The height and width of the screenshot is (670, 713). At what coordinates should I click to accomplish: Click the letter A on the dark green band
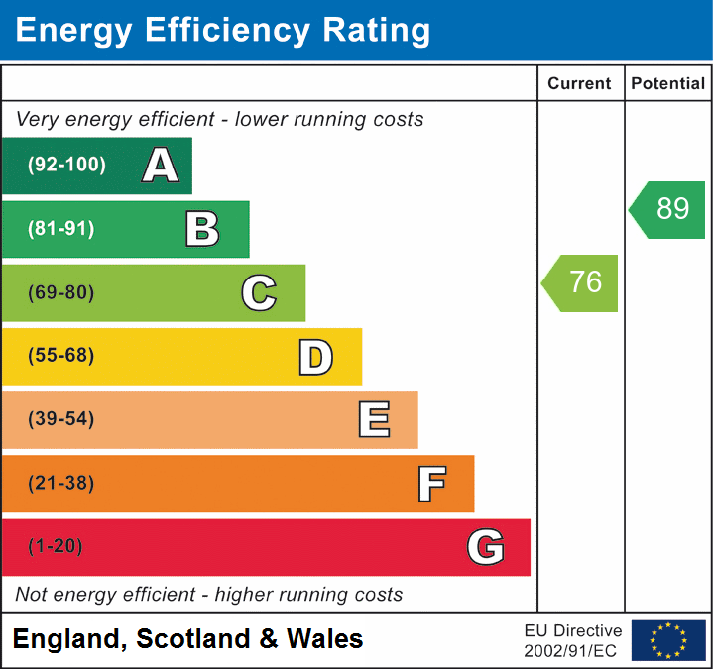coord(161,166)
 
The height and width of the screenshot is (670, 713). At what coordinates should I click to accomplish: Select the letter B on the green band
coord(202,229)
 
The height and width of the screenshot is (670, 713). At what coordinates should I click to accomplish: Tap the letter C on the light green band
coord(259,292)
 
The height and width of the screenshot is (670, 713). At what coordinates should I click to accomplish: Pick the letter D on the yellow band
coord(315,357)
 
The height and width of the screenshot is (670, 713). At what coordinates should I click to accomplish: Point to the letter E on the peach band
coord(373,420)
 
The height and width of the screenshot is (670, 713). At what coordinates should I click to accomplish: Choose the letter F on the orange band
coord(430,484)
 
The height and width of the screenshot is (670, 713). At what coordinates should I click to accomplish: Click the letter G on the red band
coord(486,547)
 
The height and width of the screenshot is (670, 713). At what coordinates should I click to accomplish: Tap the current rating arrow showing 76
coord(581,282)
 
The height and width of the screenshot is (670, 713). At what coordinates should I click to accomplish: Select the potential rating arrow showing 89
coord(668,209)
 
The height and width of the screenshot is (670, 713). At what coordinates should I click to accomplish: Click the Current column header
coord(581,84)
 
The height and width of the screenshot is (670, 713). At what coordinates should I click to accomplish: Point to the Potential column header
coord(668,84)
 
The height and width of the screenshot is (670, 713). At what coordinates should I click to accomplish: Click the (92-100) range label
coord(66,166)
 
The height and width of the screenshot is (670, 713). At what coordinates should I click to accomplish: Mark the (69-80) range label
coord(61,292)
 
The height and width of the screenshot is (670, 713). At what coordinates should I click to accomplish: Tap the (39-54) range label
coord(61,420)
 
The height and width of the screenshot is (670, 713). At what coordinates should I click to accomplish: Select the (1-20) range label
coord(57,547)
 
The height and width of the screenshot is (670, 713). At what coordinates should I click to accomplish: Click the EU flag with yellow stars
coord(668,640)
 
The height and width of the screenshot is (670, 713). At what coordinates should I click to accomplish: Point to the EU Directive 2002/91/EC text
coord(573,640)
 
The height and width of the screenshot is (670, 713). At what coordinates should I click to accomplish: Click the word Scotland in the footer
coord(193,639)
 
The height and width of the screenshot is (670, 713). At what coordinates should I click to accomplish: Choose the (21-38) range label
coord(61,484)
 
